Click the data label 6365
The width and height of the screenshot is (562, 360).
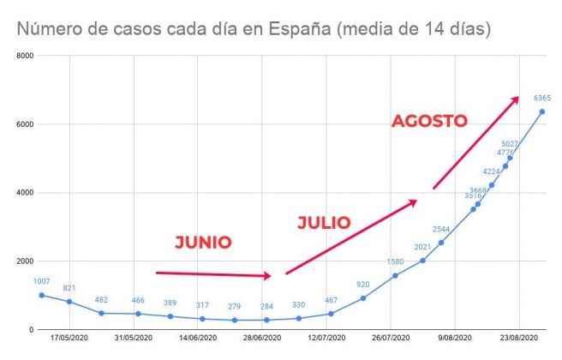pos(541,98)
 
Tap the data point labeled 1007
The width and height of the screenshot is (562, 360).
pos(42,295)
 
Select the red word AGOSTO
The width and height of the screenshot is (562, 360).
pos(429,121)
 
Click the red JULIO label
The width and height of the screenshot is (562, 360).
pos(324,223)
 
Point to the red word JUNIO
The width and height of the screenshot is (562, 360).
pos(203,243)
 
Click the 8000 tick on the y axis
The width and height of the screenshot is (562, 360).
pos(24,56)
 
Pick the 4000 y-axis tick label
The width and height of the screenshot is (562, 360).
pos(24,193)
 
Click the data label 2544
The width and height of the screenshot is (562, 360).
pos(441,229)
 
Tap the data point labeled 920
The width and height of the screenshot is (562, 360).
pos(363,297)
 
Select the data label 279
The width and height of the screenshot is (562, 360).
pos(234,306)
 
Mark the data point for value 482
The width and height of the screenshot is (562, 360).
pos(101,313)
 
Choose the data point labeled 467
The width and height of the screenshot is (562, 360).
pos(331,314)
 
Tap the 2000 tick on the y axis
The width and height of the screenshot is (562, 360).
pos(24,261)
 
